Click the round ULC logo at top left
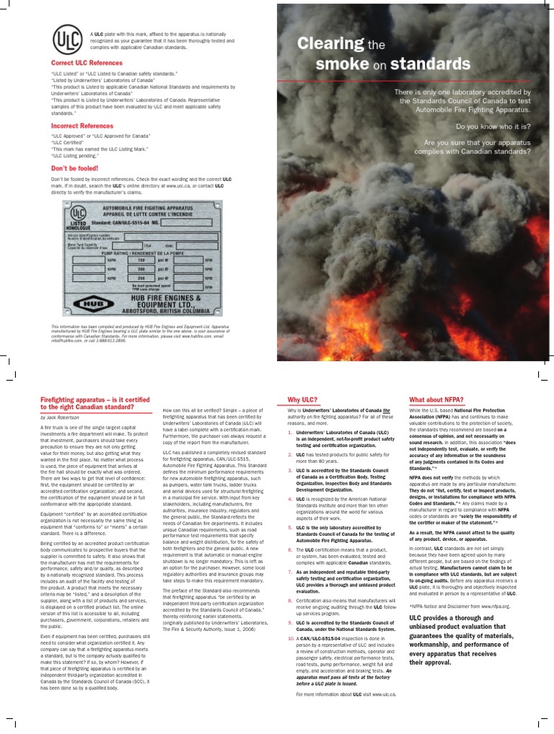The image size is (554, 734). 66,37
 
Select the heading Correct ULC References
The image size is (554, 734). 82,63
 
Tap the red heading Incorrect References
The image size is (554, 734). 77,125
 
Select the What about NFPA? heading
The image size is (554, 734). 436,399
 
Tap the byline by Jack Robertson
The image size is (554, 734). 63,417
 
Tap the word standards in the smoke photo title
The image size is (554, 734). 431,64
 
